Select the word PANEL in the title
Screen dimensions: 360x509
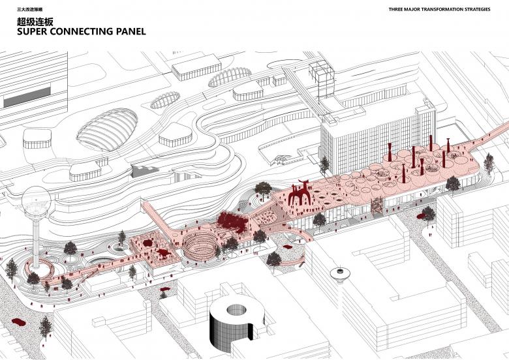click(x=128, y=31)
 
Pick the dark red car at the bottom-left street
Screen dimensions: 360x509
click(x=18, y=322)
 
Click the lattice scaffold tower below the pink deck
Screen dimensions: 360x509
click(x=378, y=207)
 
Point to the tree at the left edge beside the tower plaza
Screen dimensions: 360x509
click(x=11, y=267)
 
